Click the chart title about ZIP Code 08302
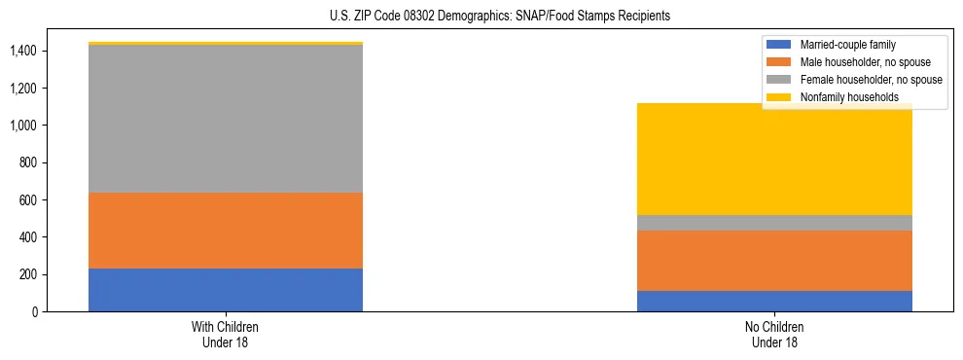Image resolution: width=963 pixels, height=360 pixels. tap(481, 17)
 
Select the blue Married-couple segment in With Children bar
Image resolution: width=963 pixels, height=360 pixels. tap(226, 290)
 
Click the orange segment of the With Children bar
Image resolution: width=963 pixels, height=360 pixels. tap(226, 231)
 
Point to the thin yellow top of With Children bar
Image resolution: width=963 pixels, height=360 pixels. tap(226, 44)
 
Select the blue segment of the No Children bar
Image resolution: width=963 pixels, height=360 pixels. tap(774, 302)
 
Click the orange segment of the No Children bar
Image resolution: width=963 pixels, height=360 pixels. tap(774, 261)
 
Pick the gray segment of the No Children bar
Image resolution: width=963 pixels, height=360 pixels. tap(774, 223)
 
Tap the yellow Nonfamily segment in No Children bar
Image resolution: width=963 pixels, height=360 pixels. tap(774, 160)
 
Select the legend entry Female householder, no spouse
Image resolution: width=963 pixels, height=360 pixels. tap(871, 80)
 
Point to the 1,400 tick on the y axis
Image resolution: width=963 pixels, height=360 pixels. tap(23, 51)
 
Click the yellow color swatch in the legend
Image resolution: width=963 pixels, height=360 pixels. tap(780, 97)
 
